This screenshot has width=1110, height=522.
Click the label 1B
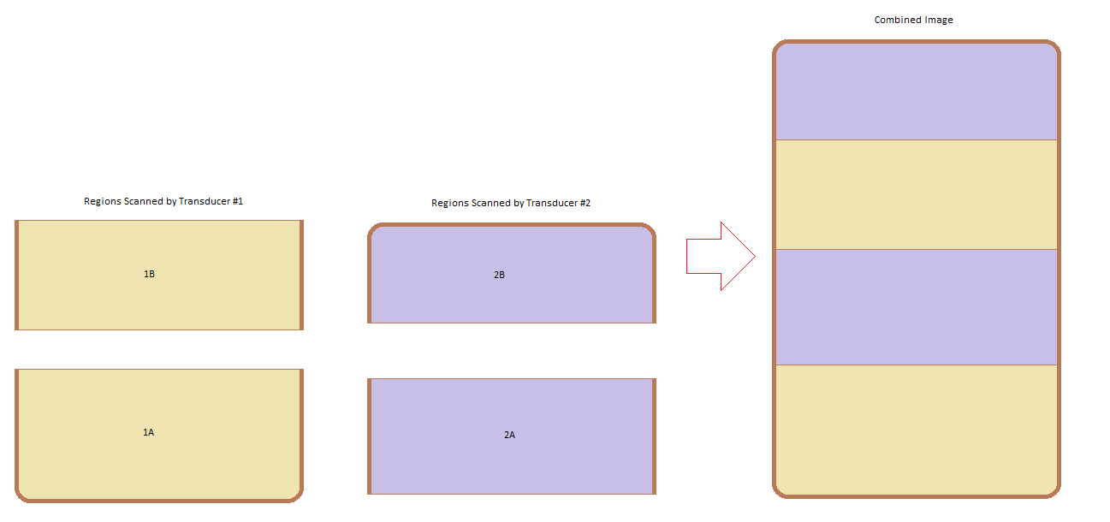(x=149, y=274)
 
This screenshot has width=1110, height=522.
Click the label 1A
(x=148, y=432)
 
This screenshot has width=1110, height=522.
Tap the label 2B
(x=500, y=275)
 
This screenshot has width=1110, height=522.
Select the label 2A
(x=509, y=435)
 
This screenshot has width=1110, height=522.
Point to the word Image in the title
(x=940, y=20)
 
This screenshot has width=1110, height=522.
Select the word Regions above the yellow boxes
(x=102, y=201)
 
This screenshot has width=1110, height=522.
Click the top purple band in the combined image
(x=916, y=92)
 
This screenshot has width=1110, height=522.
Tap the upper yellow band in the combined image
(x=916, y=194)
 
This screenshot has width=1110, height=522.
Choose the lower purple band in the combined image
(x=916, y=306)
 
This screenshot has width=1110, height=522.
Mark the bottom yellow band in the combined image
(x=916, y=428)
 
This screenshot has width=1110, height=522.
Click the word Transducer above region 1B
(x=205, y=201)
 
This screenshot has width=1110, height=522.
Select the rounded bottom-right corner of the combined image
(x=1054, y=490)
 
